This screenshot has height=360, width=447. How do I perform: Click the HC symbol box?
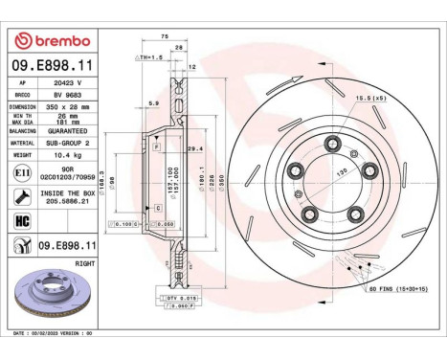[21, 219]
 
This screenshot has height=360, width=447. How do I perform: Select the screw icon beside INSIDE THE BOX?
[21, 195]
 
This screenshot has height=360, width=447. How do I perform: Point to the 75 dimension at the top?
[166, 35]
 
